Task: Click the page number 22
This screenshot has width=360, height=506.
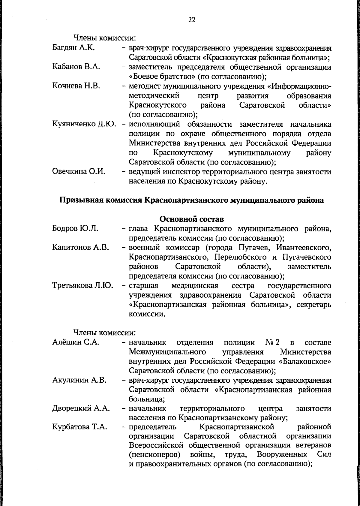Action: click(x=192, y=20)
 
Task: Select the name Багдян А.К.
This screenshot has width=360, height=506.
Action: click(x=73, y=48)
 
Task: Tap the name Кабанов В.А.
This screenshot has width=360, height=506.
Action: click(x=76, y=67)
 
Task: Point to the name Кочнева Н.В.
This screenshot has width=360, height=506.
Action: click(x=76, y=86)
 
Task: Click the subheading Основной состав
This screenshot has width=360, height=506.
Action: click(x=192, y=219)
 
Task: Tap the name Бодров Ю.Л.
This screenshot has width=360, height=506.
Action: click(x=75, y=229)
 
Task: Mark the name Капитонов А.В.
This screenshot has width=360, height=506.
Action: click(x=80, y=248)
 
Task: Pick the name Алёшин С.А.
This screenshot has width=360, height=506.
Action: click(x=76, y=342)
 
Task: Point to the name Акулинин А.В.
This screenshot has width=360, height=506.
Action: click(x=79, y=380)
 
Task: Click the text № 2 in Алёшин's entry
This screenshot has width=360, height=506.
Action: click(x=272, y=342)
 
